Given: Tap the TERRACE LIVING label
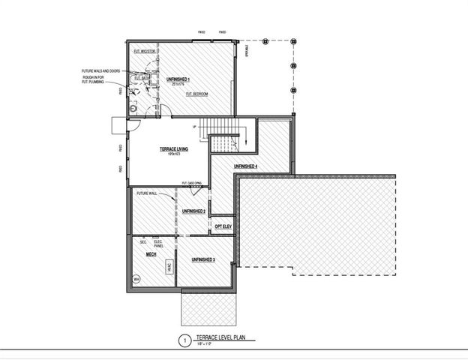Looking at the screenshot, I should (x=173, y=149).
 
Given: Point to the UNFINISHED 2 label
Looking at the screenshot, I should (x=193, y=211).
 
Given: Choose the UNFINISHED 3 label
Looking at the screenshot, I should (x=203, y=259).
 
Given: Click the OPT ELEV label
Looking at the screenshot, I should (x=223, y=226).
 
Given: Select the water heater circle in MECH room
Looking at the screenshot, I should (x=136, y=280).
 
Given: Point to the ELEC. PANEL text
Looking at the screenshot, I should (x=158, y=242).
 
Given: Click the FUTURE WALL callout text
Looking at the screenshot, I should (x=146, y=193).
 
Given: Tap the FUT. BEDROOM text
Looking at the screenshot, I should (x=197, y=94).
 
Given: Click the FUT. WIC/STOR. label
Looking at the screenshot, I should (x=144, y=51).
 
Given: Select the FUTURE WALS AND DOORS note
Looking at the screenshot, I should (x=101, y=71).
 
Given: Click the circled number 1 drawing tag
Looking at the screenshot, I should (x=182, y=341).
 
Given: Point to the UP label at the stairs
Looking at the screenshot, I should (x=194, y=126).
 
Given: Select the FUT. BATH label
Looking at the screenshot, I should (x=141, y=78).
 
